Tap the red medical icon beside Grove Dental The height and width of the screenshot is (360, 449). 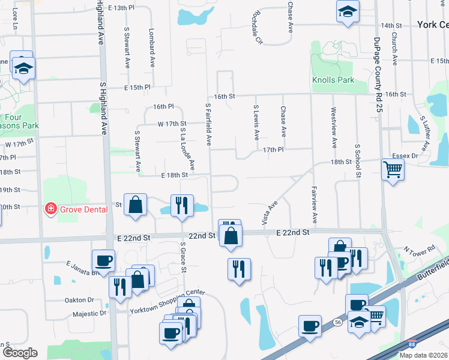click(x=51, y=209)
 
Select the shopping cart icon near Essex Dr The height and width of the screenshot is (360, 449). click(x=393, y=170)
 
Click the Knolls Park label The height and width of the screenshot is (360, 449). click(x=333, y=80)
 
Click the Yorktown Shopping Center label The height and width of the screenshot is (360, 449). click(x=167, y=294)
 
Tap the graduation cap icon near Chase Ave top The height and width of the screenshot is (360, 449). click(x=347, y=11)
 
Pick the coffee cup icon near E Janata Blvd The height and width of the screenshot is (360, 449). click(x=103, y=260)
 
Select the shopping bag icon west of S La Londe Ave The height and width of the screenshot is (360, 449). click(x=136, y=204)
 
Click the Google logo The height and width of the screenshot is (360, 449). click(x=20, y=352)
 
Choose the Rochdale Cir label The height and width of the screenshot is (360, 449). click(x=258, y=28)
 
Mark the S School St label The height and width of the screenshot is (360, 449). click(x=357, y=160)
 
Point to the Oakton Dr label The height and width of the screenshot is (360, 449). click(x=79, y=300)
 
